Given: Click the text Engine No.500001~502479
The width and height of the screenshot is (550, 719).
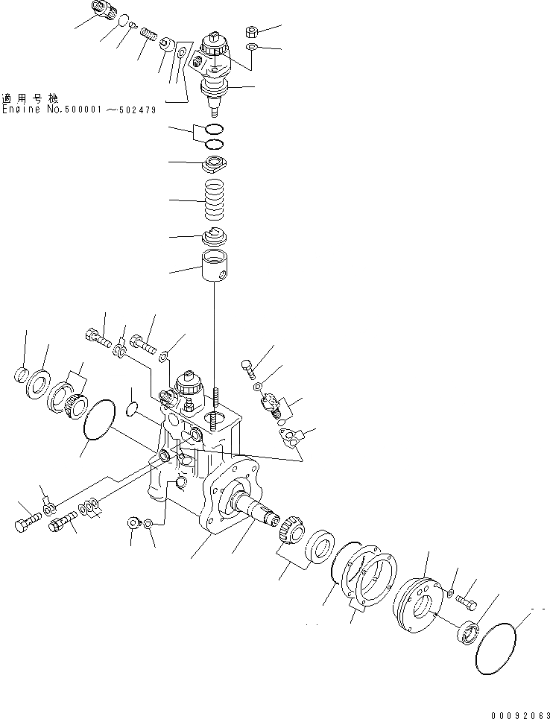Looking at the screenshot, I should tap(78, 109).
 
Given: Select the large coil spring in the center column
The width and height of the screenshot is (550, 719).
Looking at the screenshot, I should tap(214, 200).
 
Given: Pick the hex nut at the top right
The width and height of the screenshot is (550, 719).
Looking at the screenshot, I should tap(252, 32).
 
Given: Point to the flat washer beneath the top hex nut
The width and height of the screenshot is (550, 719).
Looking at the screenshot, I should tap(253, 48).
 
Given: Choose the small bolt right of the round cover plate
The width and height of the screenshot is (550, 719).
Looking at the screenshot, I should tap(467, 598).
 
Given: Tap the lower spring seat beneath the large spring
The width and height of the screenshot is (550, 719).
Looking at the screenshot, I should tap(214, 236).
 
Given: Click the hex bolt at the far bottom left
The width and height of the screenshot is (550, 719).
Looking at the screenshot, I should tap(25, 525).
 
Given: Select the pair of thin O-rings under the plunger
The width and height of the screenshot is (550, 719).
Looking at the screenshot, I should tap(214, 136).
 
